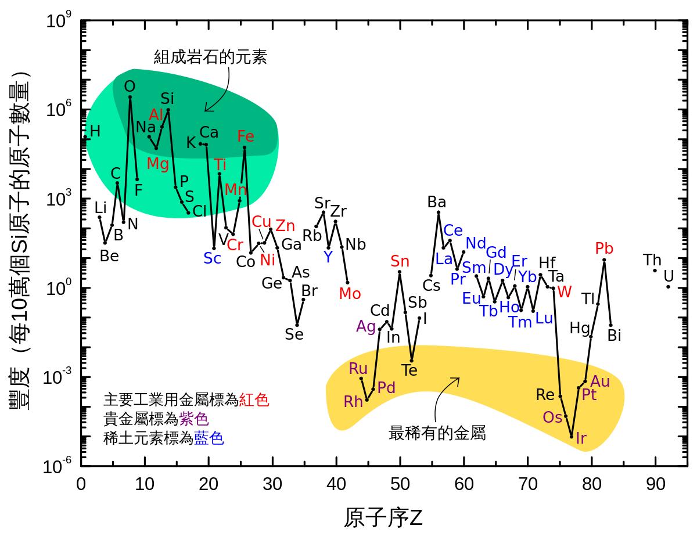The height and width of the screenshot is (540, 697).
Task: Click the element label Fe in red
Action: (246, 136)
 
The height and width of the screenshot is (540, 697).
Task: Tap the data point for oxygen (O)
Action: (130, 97)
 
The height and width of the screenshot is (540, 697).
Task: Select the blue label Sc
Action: (212, 258)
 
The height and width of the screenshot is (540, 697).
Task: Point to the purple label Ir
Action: (581, 438)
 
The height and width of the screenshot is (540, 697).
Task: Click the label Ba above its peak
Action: (436, 202)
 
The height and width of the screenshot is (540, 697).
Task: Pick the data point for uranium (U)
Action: (668, 286)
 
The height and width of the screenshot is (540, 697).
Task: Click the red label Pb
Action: (604, 249)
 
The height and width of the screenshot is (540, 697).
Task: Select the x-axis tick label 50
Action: (400, 484)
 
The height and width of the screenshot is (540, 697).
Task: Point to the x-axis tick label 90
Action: (655, 484)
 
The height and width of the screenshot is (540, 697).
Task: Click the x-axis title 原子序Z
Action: (383, 517)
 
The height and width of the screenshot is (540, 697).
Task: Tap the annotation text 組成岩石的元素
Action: (210, 57)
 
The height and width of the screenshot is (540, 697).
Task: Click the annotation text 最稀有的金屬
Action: (437, 433)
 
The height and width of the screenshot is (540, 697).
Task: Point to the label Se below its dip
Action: (294, 334)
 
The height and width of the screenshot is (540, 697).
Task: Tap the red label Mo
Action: (350, 294)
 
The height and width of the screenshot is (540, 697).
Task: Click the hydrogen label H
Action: (95, 132)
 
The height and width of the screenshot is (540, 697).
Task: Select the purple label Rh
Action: (353, 401)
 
